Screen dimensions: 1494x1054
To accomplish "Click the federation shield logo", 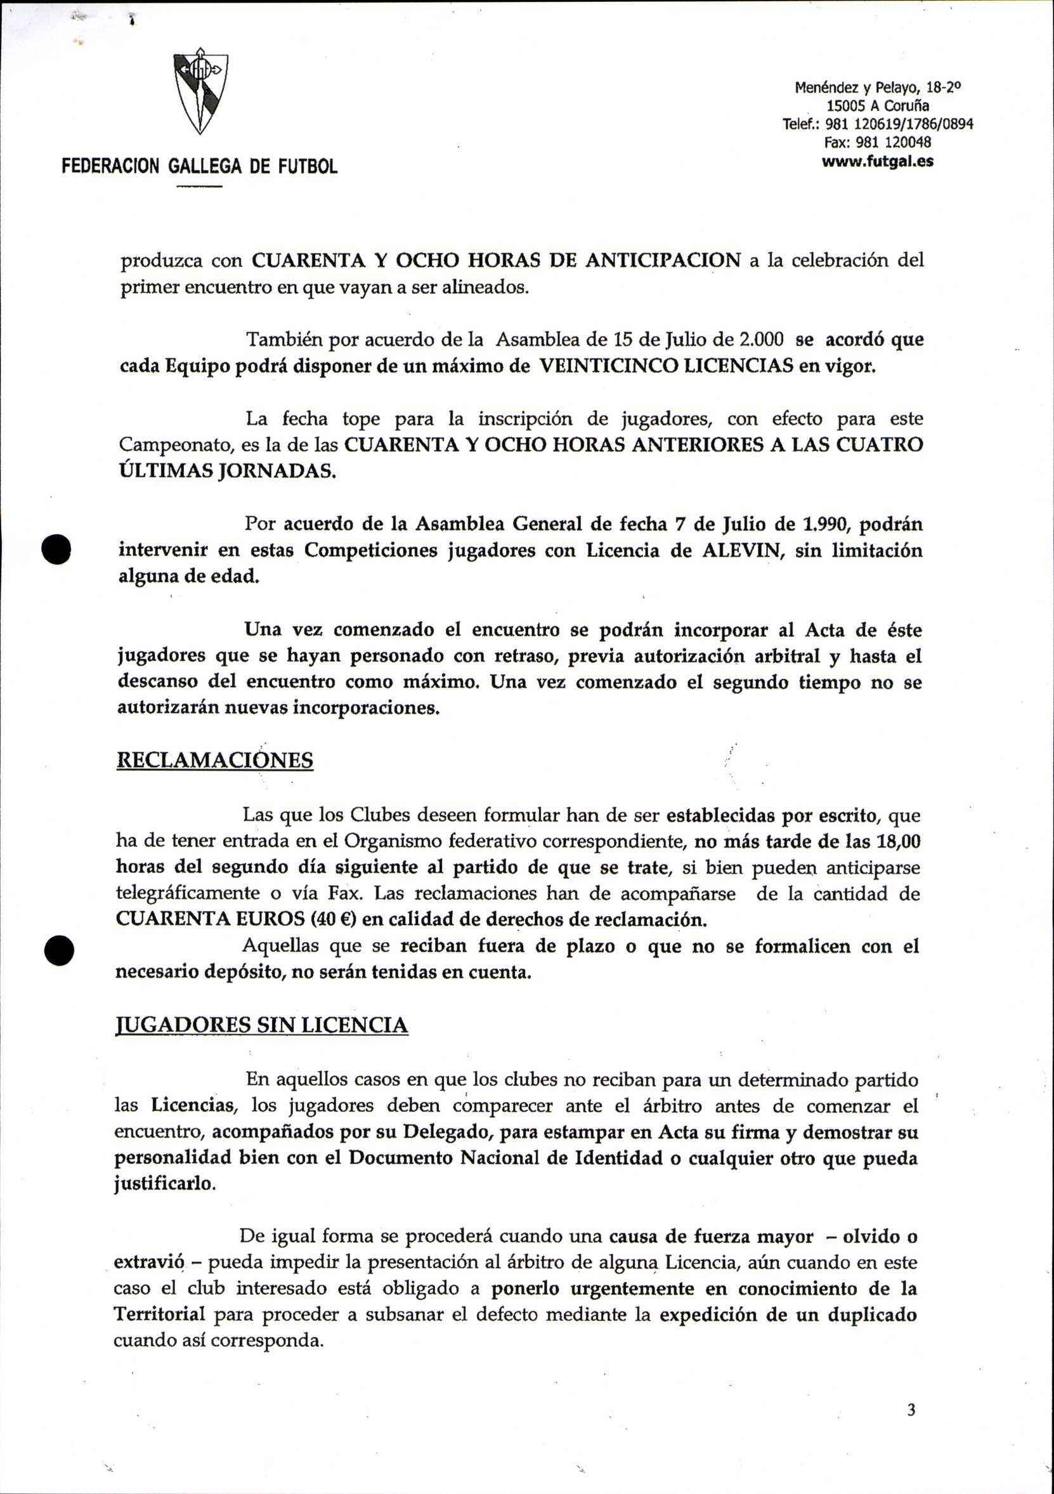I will pyautogui.click(x=200, y=91).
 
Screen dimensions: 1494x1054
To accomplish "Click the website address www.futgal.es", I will pyautogui.click(x=878, y=161).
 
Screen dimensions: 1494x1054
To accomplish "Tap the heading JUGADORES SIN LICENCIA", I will pyautogui.click(x=261, y=1025).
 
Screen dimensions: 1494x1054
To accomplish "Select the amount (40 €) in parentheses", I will pyautogui.click(x=334, y=919).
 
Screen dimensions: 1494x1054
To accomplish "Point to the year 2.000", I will pyautogui.click(x=762, y=339).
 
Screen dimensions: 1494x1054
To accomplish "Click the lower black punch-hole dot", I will pyautogui.click(x=58, y=951).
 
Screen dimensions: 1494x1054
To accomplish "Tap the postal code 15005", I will pyautogui.click(x=846, y=105).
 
